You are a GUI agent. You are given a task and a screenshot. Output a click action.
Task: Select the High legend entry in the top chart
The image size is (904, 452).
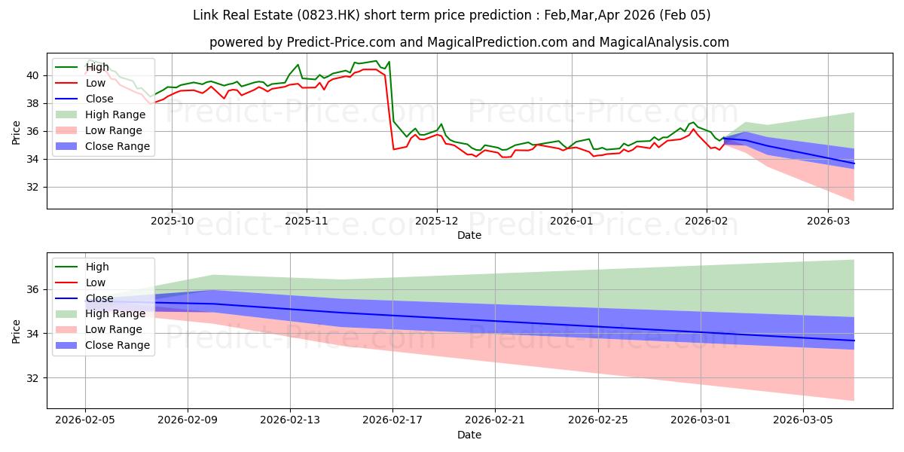coord(96,67)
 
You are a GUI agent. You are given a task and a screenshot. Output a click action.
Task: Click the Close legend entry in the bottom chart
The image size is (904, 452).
coord(98,298)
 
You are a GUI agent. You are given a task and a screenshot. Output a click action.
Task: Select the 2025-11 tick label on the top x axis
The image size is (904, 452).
coord(306,221)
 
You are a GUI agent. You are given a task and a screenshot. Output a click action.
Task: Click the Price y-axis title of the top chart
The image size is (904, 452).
coord(17,132)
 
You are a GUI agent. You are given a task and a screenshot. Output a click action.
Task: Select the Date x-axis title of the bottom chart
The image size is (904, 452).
coord(469,435)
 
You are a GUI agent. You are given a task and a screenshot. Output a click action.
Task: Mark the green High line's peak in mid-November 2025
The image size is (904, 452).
coord(376,61)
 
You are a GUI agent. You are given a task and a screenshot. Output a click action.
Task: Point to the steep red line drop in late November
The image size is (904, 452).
coord(389,113)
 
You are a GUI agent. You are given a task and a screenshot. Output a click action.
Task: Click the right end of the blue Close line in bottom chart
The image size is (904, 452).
coord(854,341)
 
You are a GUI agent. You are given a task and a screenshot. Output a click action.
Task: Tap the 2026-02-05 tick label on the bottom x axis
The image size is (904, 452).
coord(84,420)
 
